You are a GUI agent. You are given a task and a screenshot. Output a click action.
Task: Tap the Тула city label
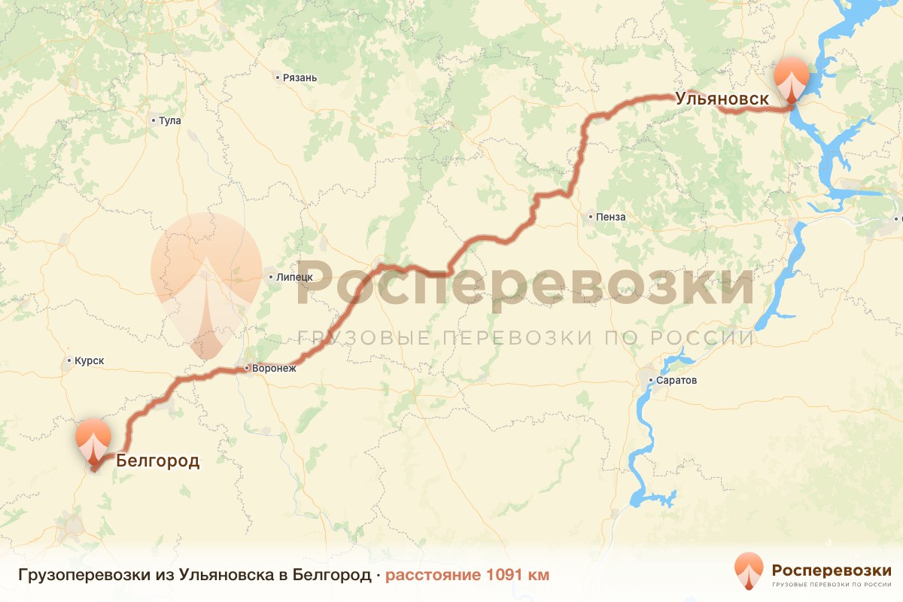[170, 120]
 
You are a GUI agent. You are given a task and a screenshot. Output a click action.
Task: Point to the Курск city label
[89, 360]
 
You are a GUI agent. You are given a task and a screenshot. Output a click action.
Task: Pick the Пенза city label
[610, 217]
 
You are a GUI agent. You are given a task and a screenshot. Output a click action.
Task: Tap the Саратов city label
[676, 380]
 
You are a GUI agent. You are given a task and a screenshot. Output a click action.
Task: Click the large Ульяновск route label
[722, 99]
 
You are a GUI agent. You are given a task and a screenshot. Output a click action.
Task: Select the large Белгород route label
[158, 461]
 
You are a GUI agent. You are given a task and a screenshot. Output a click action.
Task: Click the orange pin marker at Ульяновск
[792, 78]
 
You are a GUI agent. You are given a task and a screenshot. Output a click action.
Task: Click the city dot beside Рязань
[278, 78]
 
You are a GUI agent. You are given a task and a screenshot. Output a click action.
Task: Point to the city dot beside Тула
[154, 120]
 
